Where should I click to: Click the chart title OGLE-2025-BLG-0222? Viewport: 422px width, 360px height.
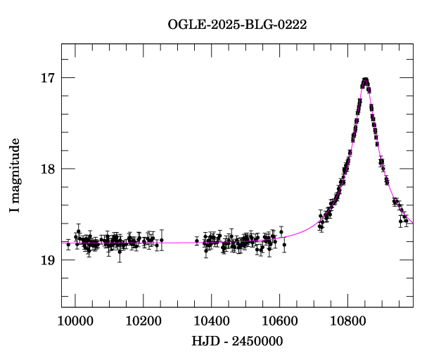[x=237, y=25]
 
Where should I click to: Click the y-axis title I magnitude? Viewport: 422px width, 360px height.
[x=15, y=175]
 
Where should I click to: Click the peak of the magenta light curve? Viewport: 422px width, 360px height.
[x=365, y=79]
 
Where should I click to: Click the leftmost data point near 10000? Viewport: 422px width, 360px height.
[x=68, y=245]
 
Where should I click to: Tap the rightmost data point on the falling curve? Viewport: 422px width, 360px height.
[x=406, y=221]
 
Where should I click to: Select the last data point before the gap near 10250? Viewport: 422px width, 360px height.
[x=162, y=240]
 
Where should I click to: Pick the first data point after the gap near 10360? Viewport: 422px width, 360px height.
[x=197, y=240]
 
